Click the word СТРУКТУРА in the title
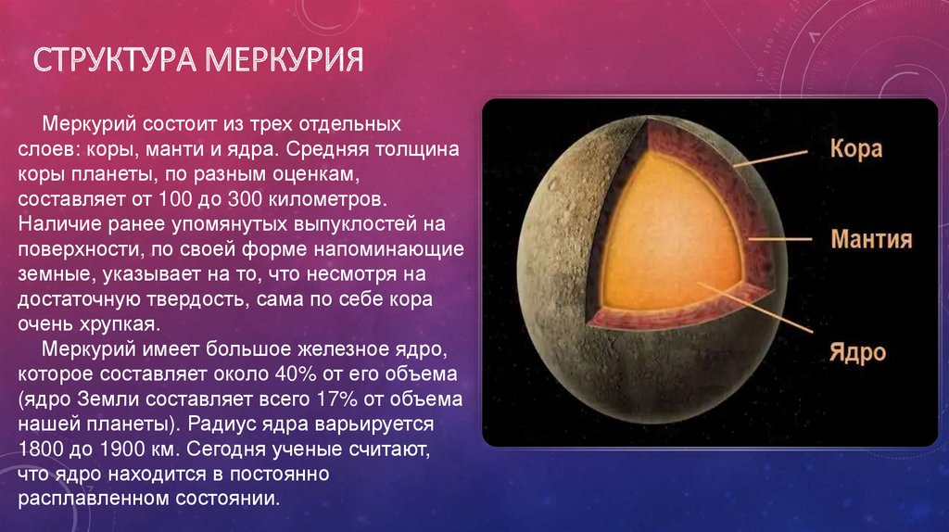pos(114,59)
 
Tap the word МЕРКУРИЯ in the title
pos(284,59)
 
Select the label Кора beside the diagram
pos(855,148)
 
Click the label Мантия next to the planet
pos(871,239)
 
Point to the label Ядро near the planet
pos(857,352)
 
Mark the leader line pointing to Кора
pos(770,158)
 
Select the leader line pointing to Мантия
pos(779,239)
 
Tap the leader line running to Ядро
pos(754,308)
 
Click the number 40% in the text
pos(296,374)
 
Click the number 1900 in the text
pos(120,450)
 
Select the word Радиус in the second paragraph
pos(221,424)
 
